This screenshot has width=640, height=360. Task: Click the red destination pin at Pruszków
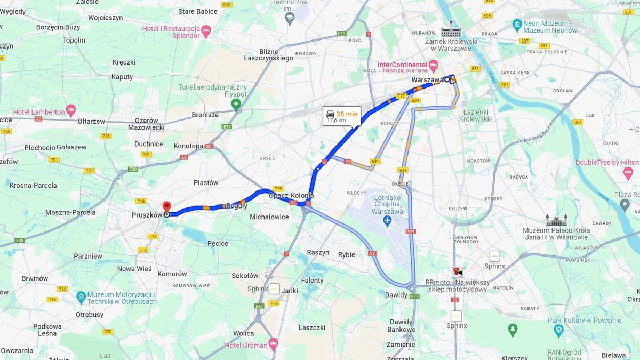(x=166, y=206)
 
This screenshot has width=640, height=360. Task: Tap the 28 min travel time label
(x=347, y=114)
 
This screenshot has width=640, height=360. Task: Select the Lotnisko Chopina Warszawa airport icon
(x=387, y=220)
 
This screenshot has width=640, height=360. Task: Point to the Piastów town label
(x=206, y=182)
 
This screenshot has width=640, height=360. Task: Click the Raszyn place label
(x=318, y=252)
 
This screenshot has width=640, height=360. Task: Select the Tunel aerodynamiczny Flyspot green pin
(x=236, y=103)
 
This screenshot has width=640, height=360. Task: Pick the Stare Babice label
(x=198, y=11)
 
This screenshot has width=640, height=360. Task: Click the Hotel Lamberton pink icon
(x=71, y=110)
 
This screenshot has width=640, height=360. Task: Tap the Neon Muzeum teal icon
(x=516, y=24)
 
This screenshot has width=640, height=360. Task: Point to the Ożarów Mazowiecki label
(x=146, y=124)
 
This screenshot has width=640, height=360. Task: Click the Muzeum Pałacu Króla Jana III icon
(x=553, y=220)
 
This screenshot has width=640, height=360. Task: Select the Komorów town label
(x=172, y=274)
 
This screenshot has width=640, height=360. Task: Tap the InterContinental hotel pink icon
(x=433, y=65)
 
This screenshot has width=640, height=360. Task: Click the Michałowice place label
(x=269, y=217)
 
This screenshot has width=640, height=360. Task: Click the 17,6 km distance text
(x=336, y=121)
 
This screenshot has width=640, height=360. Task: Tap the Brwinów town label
(x=35, y=278)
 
